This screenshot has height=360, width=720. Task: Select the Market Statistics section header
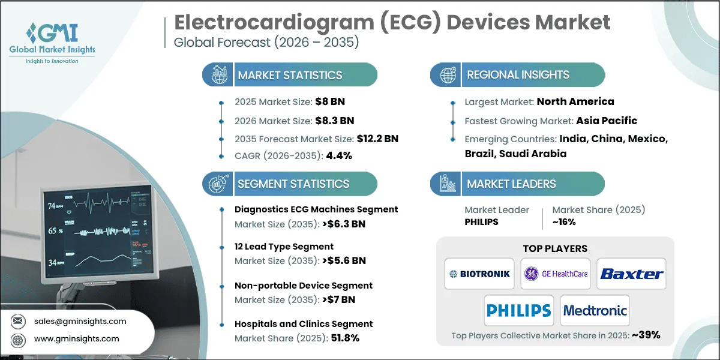click(x=290, y=75)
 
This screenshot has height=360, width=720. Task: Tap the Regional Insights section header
click(x=518, y=75)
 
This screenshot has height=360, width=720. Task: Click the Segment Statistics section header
click(x=293, y=184)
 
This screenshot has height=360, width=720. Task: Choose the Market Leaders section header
click(x=511, y=184)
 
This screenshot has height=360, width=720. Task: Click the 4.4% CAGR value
click(x=338, y=155)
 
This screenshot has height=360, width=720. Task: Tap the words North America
click(x=575, y=101)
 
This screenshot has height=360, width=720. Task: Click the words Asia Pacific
click(x=607, y=120)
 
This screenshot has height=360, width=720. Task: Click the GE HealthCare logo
click(x=556, y=274)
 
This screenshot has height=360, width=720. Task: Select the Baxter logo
click(x=631, y=274)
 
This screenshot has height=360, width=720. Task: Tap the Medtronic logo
click(x=595, y=311)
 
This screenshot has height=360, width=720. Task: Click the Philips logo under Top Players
click(x=518, y=311)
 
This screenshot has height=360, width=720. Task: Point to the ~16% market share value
click(x=564, y=222)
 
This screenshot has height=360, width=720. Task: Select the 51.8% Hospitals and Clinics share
click(x=345, y=338)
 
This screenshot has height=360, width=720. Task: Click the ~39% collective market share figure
click(x=645, y=335)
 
